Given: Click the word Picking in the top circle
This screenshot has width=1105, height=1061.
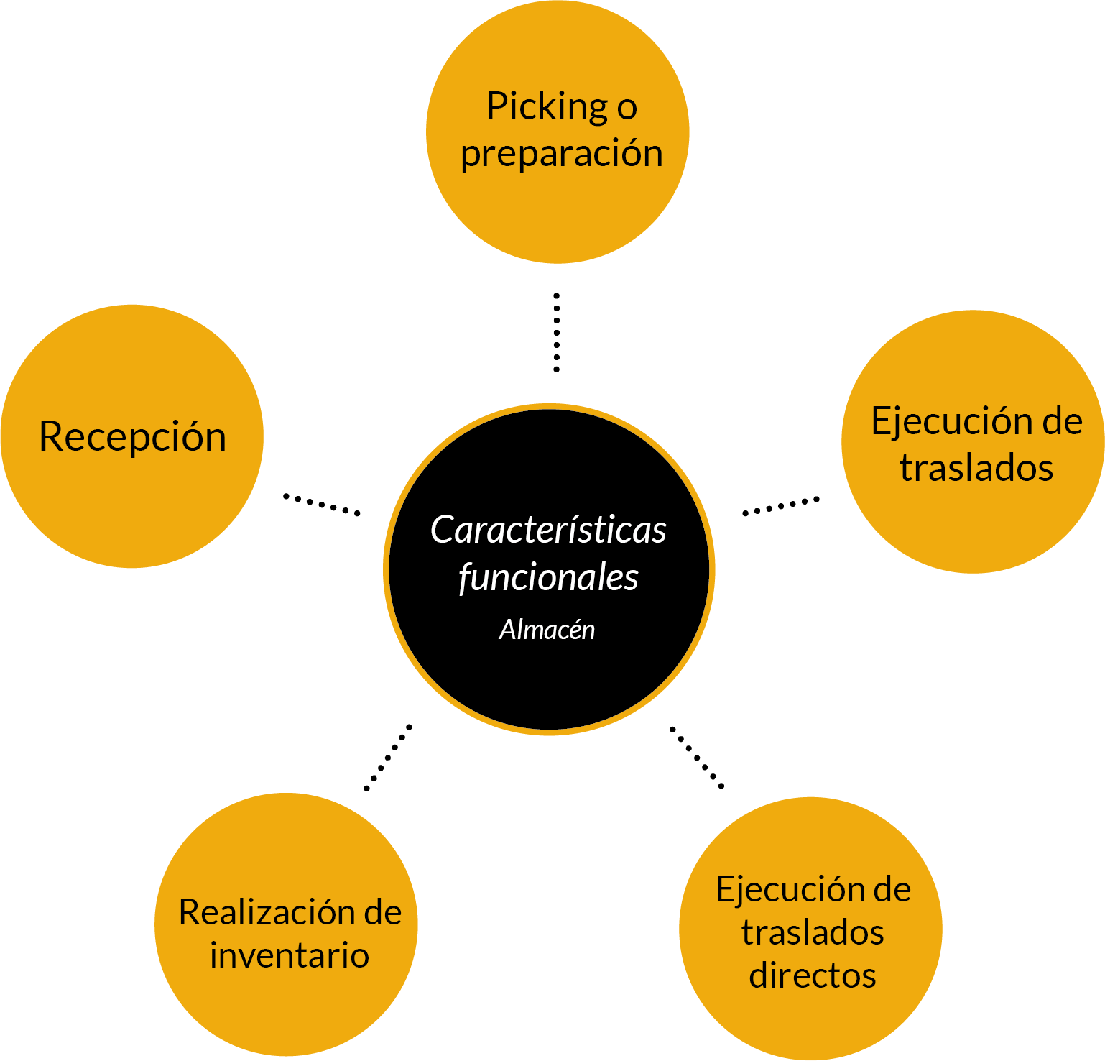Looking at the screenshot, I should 547,106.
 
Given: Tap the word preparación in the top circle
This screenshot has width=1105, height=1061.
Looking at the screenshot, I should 561,154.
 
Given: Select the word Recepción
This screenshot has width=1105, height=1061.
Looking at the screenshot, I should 132,436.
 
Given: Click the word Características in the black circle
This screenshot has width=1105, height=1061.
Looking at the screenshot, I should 548,530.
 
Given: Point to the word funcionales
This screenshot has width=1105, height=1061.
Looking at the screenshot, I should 548,577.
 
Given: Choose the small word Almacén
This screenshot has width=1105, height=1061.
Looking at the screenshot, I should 547,630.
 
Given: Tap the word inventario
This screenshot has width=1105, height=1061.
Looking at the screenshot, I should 289,955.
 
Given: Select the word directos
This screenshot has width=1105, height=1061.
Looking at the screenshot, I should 812,975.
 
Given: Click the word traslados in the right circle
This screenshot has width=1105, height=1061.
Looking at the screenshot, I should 976,468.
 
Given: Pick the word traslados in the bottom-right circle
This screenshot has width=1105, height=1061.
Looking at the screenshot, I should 812,932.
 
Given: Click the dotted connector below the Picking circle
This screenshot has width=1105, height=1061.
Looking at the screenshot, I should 556,332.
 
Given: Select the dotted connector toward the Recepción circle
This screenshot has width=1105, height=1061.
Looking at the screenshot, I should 321,504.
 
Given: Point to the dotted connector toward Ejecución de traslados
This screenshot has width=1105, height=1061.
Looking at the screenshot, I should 780,506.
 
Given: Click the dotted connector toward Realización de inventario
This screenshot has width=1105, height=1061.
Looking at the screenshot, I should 388,757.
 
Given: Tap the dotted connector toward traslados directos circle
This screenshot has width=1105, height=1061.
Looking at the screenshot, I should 697,758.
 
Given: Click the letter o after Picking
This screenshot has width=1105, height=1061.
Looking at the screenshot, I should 627,108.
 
